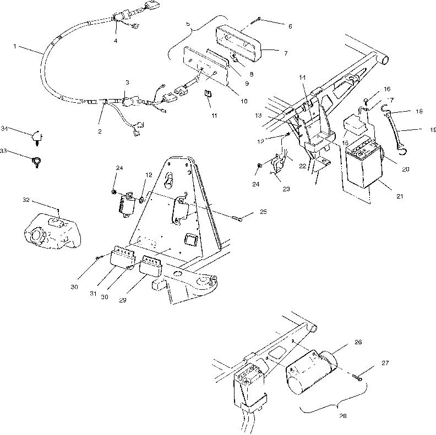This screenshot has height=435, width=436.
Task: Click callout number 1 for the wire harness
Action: click(15, 47)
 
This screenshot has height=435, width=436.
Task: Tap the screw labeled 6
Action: click(258, 21)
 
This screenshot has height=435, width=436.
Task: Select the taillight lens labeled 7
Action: click(242, 44)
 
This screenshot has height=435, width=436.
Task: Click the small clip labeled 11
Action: click(208, 93)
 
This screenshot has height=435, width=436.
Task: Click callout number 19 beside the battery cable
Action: click(432, 130)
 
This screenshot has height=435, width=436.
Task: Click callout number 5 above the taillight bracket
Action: click(189, 25)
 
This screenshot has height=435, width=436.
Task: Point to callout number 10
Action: click(244, 101)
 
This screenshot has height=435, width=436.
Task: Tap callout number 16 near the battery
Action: click(387, 89)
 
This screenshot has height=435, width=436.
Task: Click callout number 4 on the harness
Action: click(116, 40)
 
